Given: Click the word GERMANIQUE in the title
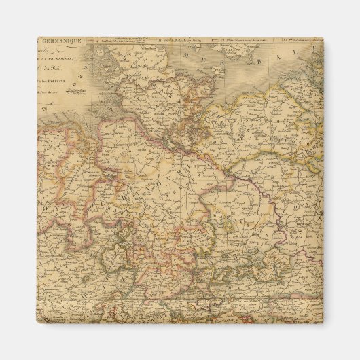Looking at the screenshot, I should click(x=61, y=41).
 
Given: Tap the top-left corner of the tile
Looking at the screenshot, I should click(x=37, y=38).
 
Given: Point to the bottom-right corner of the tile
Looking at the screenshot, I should click(x=323, y=323).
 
